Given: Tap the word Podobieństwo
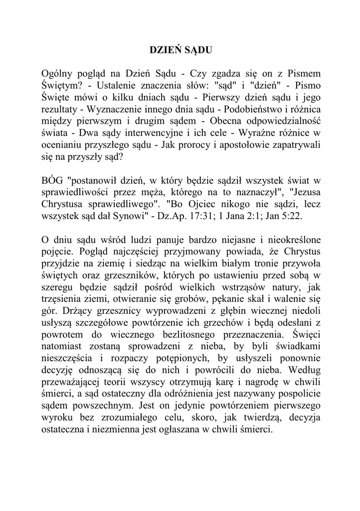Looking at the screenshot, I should pos(254,110).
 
